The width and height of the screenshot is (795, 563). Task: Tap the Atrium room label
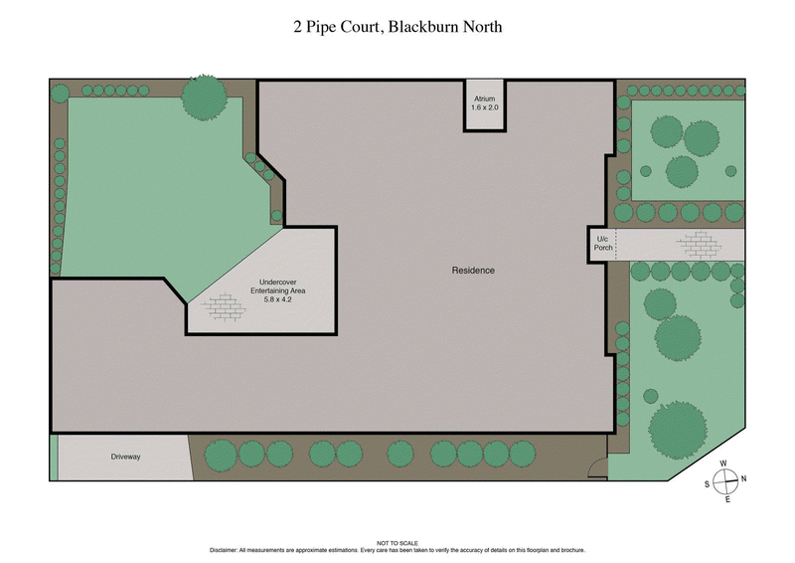(x=484, y=99)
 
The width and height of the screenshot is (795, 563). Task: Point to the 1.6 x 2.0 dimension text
(x=484, y=108)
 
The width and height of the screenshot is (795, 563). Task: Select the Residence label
(x=473, y=271)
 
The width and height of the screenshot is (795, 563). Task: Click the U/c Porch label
(x=602, y=244)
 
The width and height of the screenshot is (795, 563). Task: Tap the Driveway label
(x=126, y=457)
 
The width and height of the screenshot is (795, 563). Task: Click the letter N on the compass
(x=743, y=480)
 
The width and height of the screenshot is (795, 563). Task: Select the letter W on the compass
(x=724, y=464)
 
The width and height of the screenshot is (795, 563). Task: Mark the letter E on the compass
(x=727, y=498)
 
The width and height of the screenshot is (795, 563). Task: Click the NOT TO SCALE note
(x=397, y=543)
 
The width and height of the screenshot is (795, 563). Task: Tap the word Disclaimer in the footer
(x=228, y=550)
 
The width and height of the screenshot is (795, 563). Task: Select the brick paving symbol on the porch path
(x=700, y=244)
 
